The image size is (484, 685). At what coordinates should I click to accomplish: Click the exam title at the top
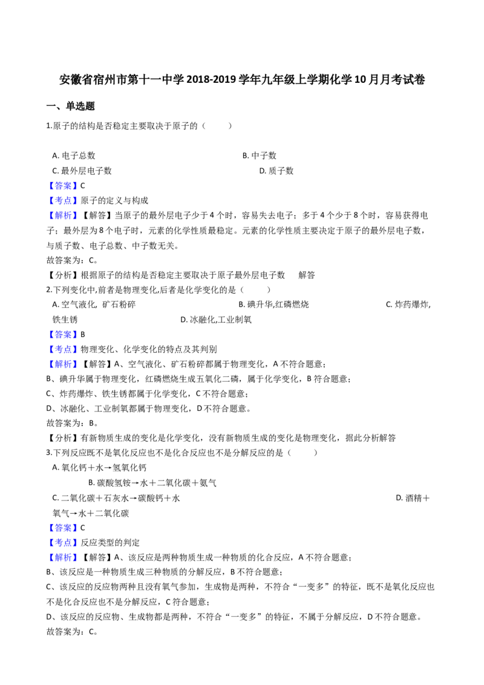(242, 80)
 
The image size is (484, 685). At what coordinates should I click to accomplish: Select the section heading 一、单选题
(71, 106)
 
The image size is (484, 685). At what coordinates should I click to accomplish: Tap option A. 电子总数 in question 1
(74, 156)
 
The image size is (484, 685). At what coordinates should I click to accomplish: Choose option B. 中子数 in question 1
(260, 156)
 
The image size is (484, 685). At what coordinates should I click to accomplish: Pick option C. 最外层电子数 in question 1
(82, 171)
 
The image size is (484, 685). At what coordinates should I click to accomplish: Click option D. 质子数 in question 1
(276, 171)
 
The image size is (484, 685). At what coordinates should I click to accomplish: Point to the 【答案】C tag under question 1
(66, 186)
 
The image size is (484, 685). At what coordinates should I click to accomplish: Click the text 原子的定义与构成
(114, 200)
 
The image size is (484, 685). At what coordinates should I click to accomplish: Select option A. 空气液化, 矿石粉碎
(94, 304)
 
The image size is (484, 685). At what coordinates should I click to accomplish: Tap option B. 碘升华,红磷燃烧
(274, 304)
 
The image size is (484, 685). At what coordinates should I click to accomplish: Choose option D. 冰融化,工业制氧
(216, 320)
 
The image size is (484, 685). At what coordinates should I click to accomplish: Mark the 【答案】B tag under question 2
(66, 335)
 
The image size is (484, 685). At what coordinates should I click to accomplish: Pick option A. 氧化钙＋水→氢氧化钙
(100, 468)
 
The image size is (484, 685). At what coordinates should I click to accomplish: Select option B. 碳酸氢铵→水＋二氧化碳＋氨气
(152, 483)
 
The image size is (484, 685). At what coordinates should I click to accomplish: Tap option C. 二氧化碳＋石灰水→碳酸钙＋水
(116, 499)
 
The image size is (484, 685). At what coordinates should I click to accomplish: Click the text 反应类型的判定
(110, 543)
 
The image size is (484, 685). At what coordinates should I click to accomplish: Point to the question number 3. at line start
(50, 453)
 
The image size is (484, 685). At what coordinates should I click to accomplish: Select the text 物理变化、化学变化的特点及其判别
(149, 350)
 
